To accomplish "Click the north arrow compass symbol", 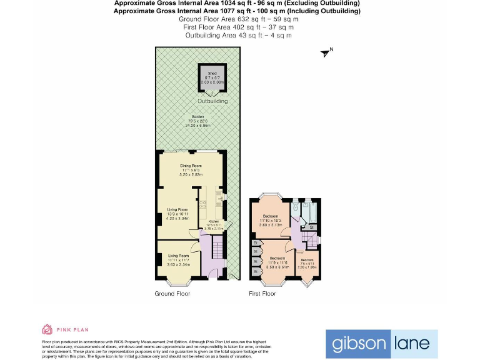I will pos(326,53).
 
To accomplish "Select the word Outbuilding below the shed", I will pos(213,101).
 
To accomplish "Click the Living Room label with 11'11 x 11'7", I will pos(177,255).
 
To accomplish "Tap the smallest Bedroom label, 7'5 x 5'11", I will pos(307,260).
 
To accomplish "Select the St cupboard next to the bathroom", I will pos(311,228).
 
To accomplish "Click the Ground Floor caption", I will pos(173,293).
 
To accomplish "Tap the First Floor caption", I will pos(262,293).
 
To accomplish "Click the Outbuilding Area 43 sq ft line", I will pos(237,36).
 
